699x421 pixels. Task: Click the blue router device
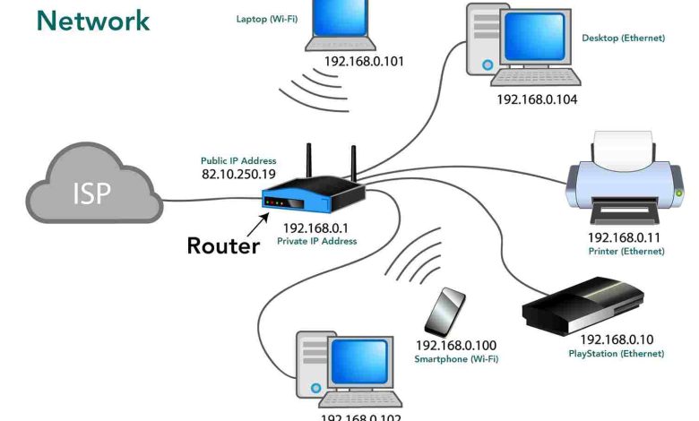(x=313, y=195)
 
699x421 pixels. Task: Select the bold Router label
(x=223, y=245)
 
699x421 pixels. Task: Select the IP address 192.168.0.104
(x=537, y=99)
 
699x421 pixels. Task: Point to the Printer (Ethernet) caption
(x=626, y=252)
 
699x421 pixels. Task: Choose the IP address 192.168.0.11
(x=624, y=237)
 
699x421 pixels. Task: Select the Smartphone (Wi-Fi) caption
(x=456, y=359)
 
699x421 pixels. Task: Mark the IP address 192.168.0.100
(x=455, y=345)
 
